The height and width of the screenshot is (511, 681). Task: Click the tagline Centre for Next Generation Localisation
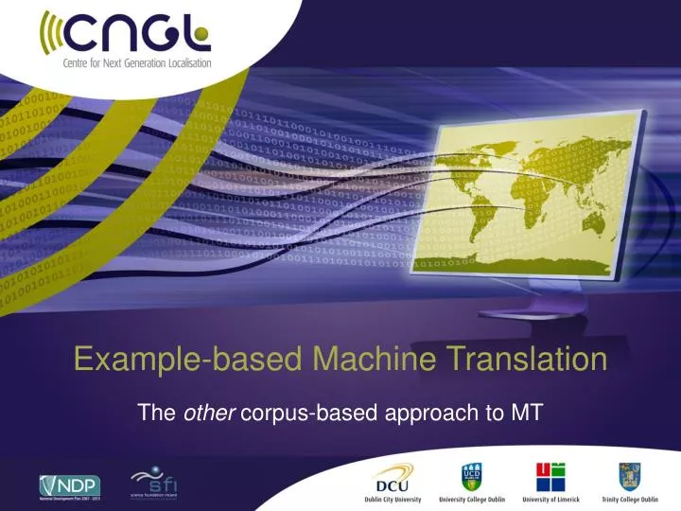coord(125,64)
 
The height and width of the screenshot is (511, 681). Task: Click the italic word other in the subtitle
coord(205,412)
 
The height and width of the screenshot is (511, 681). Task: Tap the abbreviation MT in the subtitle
coord(525,412)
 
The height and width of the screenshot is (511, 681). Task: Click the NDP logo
coord(68,484)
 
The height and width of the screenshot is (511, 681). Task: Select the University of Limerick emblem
coord(551,475)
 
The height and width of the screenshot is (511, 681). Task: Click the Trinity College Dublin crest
coord(629,475)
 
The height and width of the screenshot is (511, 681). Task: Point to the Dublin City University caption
coord(393,498)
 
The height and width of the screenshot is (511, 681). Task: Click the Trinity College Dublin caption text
coord(629,498)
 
